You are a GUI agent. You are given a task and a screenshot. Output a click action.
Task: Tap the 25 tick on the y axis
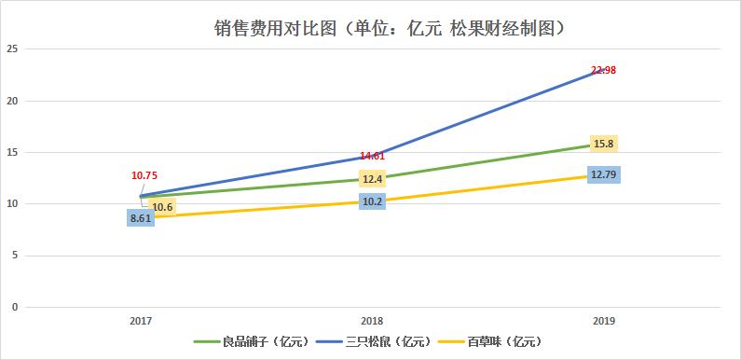(13, 49)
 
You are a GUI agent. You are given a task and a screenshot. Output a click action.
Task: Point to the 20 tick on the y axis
(13, 101)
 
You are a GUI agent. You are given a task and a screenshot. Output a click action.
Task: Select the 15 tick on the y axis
(13, 152)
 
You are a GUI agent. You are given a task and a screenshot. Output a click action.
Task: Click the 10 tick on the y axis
(13, 204)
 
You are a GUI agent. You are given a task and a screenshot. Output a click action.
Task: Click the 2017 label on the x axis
(141, 320)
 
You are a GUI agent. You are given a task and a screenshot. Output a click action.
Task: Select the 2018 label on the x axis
(372, 320)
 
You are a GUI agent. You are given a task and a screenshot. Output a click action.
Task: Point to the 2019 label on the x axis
(604, 320)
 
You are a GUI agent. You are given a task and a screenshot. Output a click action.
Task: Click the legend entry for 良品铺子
(251, 342)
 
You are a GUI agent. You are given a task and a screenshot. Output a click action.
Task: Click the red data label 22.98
(604, 70)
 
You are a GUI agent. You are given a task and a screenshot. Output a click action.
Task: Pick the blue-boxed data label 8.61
(141, 218)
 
